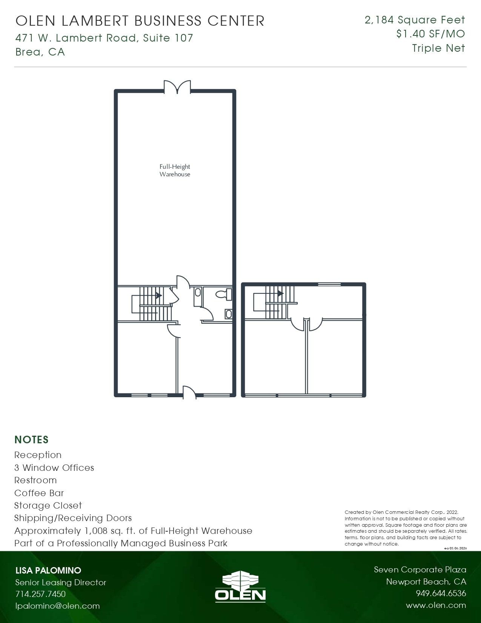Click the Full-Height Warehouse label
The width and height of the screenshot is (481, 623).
pyautogui.click(x=175, y=170)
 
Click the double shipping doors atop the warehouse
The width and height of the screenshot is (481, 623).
pyautogui.click(x=177, y=87)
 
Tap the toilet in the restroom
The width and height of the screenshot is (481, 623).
pyautogui.click(x=224, y=294)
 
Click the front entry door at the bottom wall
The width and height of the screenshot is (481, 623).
pyautogui.click(x=189, y=393)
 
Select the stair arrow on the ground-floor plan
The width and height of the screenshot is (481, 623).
pyautogui.click(x=158, y=295)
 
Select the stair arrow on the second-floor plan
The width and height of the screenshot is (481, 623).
pyautogui.click(x=280, y=293)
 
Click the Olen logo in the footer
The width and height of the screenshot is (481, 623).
pyautogui.click(x=240, y=586)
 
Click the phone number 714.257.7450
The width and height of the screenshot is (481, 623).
pyautogui.click(x=40, y=594)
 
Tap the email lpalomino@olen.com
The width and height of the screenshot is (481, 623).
pyautogui.click(x=57, y=606)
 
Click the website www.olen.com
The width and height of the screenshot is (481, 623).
pyautogui.click(x=436, y=605)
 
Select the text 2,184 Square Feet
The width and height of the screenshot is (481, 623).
pyautogui.click(x=414, y=20)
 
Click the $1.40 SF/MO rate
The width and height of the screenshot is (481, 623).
pyautogui.click(x=430, y=34)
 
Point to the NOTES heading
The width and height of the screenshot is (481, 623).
pyautogui.click(x=31, y=439)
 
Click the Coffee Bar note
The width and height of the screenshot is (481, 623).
pyautogui.click(x=39, y=493)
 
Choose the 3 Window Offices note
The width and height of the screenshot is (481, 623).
pyautogui.click(x=54, y=467)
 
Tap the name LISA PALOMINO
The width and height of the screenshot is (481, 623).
pyautogui.click(x=48, y=570)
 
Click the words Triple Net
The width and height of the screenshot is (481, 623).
pyautogui.click(x=438, y=48)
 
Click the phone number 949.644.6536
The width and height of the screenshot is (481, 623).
pyautogui.click(x=441, y=593)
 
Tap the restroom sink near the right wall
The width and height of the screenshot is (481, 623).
pyautogui.click(x=228, y=314)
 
